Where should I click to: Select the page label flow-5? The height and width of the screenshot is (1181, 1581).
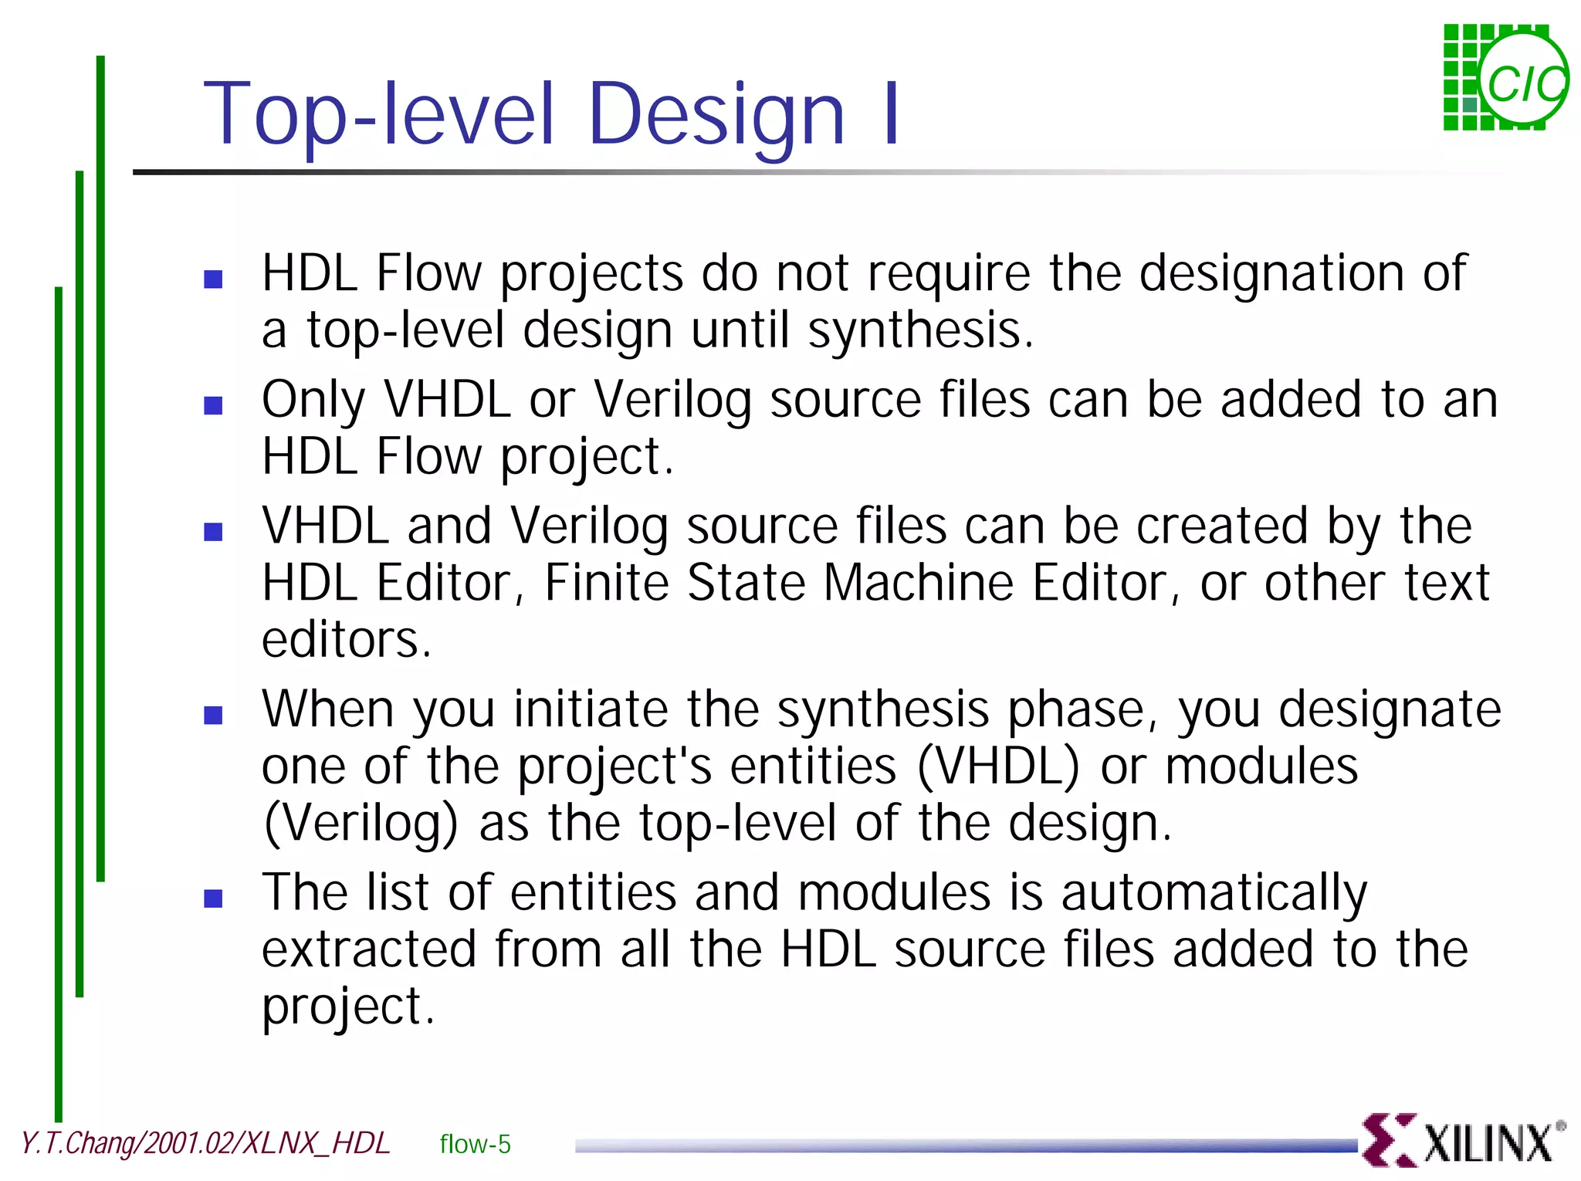click(475, 1144)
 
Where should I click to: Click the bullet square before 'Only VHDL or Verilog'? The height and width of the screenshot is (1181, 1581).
click(213, 405)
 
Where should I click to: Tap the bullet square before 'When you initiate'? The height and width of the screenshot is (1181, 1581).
click(213, 715)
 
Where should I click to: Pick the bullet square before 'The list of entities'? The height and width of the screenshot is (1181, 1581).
click(213, 898)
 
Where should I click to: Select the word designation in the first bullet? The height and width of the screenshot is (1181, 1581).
click(1271, 273)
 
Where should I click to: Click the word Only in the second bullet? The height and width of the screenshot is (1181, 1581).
click(313, 400)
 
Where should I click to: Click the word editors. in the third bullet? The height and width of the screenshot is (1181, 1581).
click(346, 640)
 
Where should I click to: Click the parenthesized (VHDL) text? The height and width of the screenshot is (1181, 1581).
click(998, 766)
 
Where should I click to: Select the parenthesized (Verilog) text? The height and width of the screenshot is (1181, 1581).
click(361, 824)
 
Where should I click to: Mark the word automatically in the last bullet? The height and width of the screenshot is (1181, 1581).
click(1214, 893)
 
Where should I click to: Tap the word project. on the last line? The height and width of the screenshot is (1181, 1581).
click(348, 1007)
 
